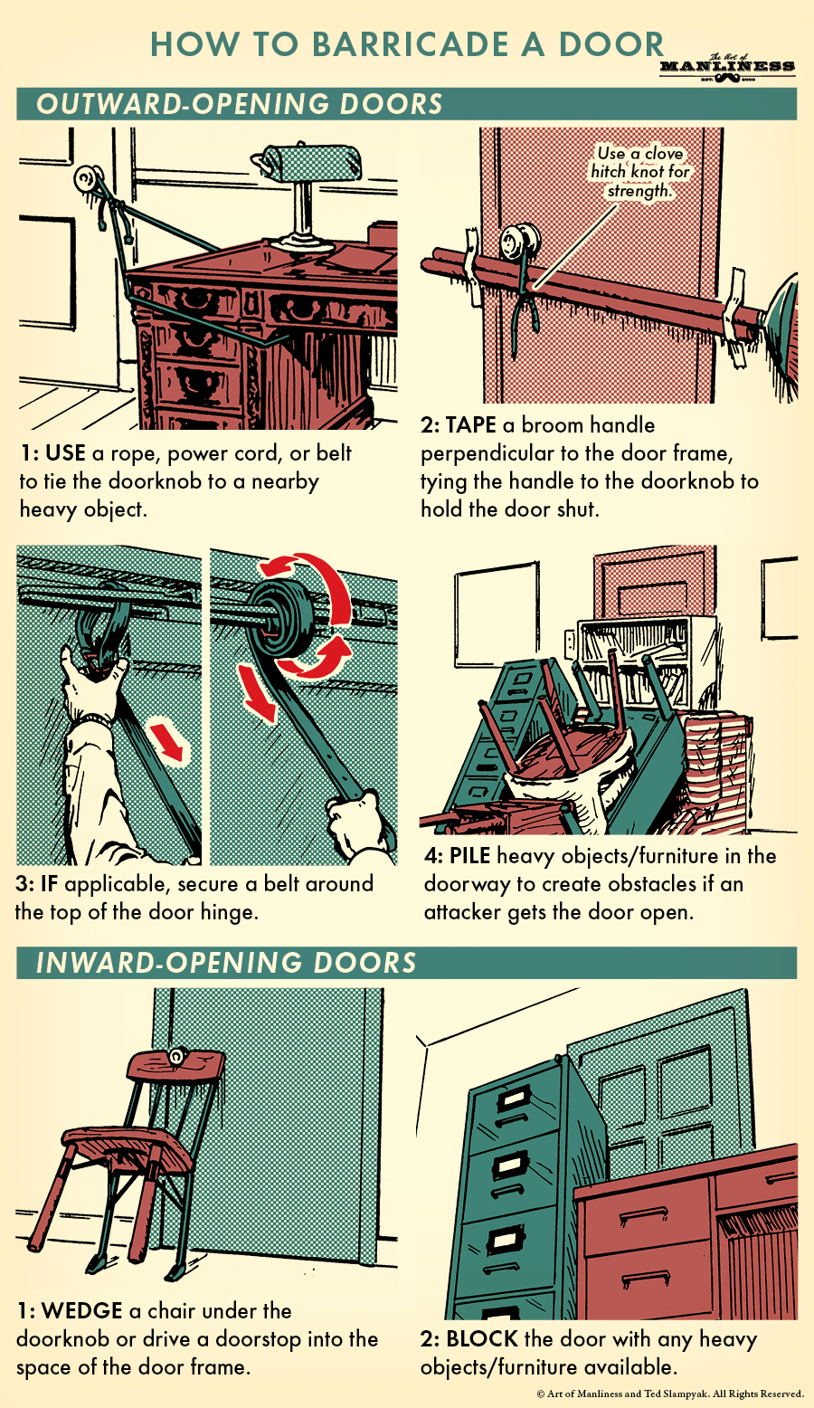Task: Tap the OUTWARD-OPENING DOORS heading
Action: tap(240, 104)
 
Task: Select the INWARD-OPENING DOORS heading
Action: tap(226, 963)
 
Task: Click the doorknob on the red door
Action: tap(519, 240)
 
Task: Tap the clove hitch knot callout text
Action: tap(639, 172)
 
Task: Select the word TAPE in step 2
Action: tap(470, 425)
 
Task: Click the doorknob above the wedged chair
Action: tap(178, 1054)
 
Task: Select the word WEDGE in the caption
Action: tap(81, 1310)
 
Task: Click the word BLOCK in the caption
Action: tap(482, 1339)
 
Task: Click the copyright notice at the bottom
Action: tap(670, 1394)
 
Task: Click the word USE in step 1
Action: tap(65, 453)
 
